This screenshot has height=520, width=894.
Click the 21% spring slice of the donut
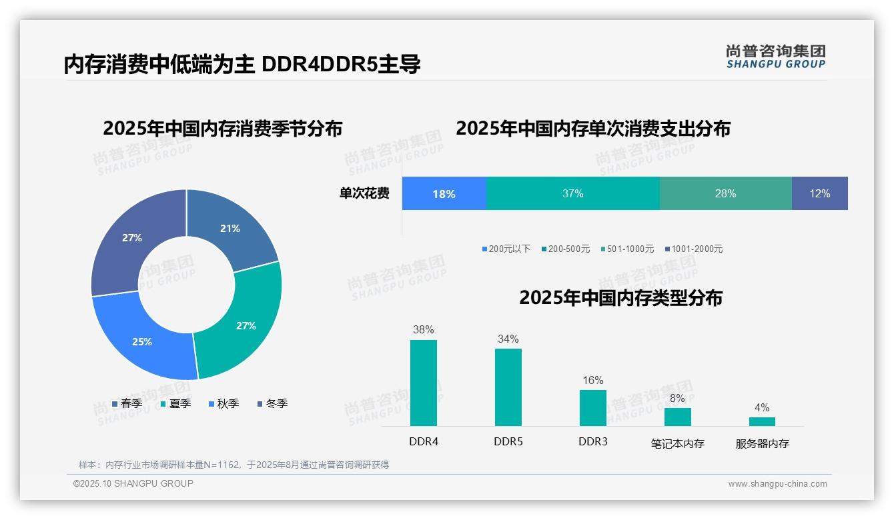230,228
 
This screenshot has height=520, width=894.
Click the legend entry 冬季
272,403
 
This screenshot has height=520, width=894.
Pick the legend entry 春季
127,403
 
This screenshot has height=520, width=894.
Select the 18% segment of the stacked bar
444,193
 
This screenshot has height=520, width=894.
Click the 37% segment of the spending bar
572,193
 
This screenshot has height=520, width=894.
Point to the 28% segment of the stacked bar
725,193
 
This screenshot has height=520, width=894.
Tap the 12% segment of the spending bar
819,193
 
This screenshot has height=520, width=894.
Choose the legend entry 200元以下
506,249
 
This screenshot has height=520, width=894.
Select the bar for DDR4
423,383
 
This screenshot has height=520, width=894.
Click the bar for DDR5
508,387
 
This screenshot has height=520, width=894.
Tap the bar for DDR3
592,407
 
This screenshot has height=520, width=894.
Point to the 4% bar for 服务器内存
762,421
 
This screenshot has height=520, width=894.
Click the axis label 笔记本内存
677,443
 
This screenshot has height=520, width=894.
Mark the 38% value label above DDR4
423,329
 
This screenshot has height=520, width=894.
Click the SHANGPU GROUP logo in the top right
775,57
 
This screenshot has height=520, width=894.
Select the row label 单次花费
364,193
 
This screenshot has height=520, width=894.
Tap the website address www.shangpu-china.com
777,484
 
